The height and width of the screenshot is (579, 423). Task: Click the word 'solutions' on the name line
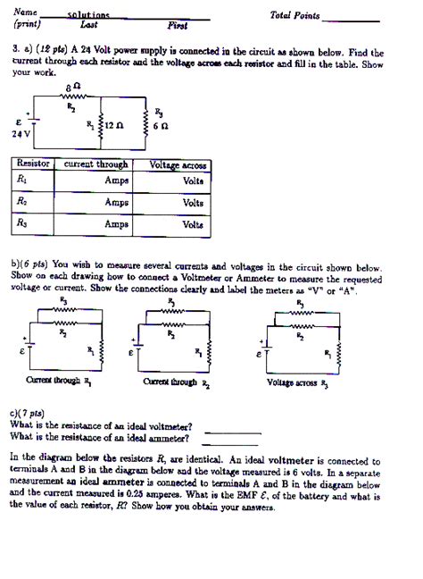(x=88, y=15)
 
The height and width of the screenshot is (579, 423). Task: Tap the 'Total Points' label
(x=294, y=16)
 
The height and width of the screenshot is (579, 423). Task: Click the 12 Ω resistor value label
(x=113, y=127)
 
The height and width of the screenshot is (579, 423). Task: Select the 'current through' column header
(x=95, y=165)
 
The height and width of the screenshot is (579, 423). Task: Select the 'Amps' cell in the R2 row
(x=117, y=203)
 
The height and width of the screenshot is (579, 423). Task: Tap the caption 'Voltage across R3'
(x=298, y=382)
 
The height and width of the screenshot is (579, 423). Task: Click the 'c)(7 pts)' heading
(x=28, y=415)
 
